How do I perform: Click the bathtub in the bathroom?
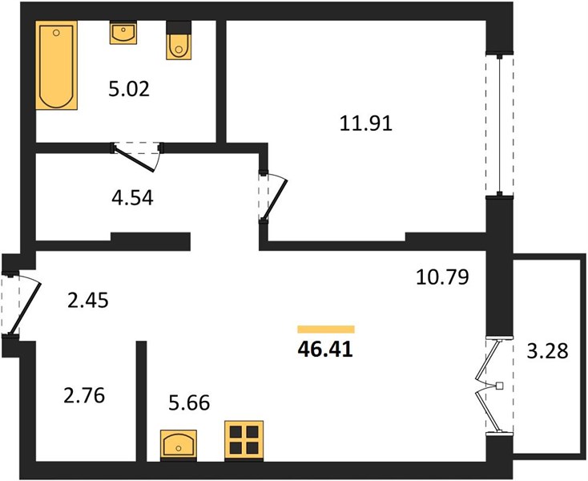pyautogui.click(x=57, y=65)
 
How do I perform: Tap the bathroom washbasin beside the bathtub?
pyautogui.click(x=123, y=33)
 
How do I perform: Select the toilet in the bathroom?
pyautogui.click(x=179, y=40)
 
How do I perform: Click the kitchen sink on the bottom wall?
pyautogui.click(x=179, y=446)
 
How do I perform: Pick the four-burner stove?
pyautogui.click(x=244, y=441)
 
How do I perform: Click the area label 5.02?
pyautogui.click(x=129, y=89)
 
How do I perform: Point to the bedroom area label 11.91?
pyautogui.click(x=365, y=123)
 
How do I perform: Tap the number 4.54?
pyautogui.click(x=132, y=198)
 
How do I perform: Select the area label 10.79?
pyautogui.click(x=442, y=277)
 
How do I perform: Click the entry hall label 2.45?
pyautogui.click(x=88, y=301)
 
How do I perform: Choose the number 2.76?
pyautogui.click(x=84, y=396)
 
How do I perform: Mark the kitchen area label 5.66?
pyautogui.click(x=189, y=403)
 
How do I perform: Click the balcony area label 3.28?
pyautogui.click(x=547, y=352)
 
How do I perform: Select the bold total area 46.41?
pyautogui.click(x=325, y=350)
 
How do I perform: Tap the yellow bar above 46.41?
pyautogui.click(x=326, y=329)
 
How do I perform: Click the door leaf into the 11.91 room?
pyautogui.click(x=275, y=200)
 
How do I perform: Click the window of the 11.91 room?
pyautogui.click(x=500, y=125)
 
